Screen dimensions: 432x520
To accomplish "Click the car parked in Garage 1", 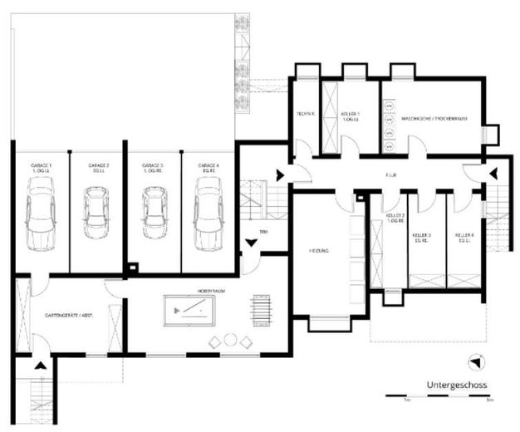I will click(x=40, y=214).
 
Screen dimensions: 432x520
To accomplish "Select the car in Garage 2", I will click(x=96, y=213).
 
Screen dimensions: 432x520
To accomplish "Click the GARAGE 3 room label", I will click(x=152, y=169).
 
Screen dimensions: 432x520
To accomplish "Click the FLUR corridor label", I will click(x=390, y=176).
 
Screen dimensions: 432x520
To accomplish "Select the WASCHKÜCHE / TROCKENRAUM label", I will click(x=434, y=119).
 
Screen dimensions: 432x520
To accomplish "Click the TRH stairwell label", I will click(x=262, y=231).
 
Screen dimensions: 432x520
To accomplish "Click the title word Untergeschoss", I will click(x=457, y=385).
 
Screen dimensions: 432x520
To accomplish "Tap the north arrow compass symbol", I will click(x=475, y=362).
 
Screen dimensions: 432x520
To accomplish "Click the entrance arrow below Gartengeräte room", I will click(x=39, y=366).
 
